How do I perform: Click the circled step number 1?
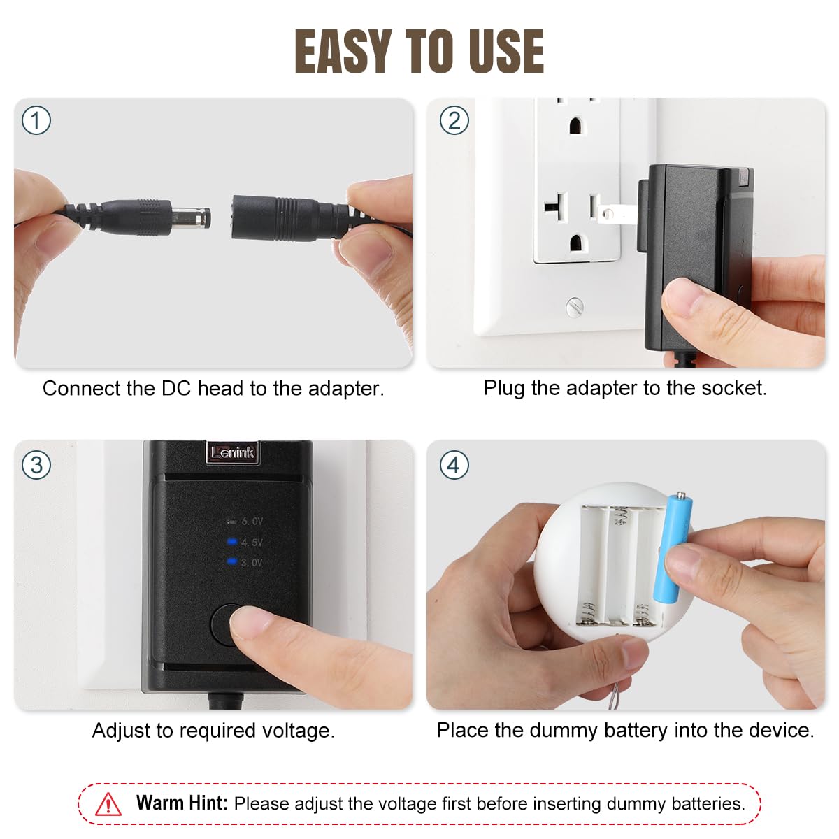coord(36,121)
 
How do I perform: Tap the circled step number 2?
coord(454,121)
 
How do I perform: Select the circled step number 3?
coord(36,465)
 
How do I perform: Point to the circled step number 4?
coord(454,465)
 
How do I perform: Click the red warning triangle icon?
coord(108,804)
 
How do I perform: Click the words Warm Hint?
coord(182,803)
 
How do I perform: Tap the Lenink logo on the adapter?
coord(232,452)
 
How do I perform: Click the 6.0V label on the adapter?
coord(252,522)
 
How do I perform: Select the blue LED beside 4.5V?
coord(231,541)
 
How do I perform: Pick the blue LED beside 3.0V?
coord(231,561)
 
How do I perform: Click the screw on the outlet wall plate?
coord(574,306)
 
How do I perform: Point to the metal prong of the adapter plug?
coord(618,212)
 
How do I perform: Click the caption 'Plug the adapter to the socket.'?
coord(625,388)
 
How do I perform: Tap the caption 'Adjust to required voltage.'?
coord(213,731)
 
